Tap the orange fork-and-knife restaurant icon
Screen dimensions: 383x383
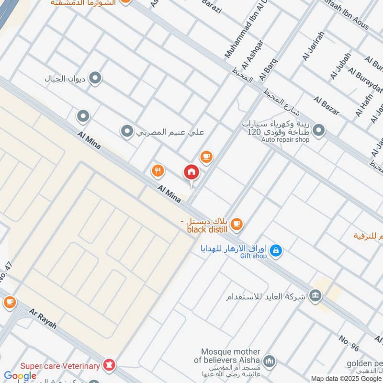pos(158,170)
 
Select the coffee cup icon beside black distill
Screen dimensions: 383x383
pos(237,224)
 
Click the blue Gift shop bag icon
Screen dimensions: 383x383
pos(275,250)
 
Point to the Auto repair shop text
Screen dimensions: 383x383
pos(285,140)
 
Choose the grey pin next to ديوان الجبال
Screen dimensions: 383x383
pos(95,78)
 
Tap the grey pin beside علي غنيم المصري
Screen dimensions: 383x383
pos(127,131)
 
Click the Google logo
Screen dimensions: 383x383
pos(20,376)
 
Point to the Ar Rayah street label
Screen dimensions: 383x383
pos(43,318)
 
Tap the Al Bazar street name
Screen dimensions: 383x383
pos(327,106)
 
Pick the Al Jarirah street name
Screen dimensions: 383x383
pos(314,45)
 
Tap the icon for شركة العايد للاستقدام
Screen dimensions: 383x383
pos(315,295)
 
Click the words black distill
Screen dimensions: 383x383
pos(207,229)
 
